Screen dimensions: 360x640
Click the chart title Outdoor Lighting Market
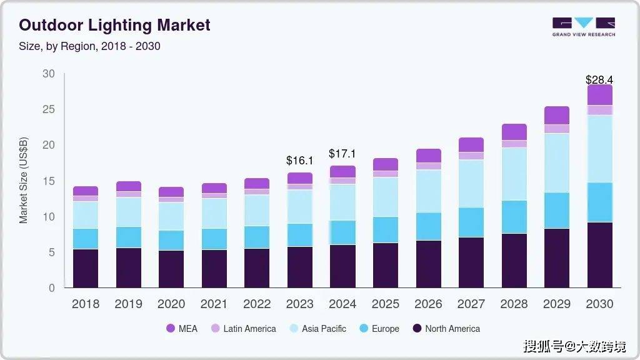(x=114, y=26)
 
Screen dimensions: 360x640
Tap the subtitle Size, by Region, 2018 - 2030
(x=89, y=46)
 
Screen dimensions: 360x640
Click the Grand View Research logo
(x=583, y=27)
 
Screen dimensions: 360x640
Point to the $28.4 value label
(x=599, y=79)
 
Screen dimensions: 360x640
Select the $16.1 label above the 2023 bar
(x=300, y=161)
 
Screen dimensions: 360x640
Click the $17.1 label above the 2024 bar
(x=342, y=154)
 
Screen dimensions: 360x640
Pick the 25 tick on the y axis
(x=48, y=109)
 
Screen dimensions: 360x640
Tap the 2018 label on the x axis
(x=86, y=304)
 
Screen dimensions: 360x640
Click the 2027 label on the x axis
(x=471, y=304)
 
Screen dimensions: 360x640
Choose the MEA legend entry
(x=181, y=328)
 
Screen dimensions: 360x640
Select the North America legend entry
(x=446, y=328)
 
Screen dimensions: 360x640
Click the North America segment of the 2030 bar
(x=599, y=255)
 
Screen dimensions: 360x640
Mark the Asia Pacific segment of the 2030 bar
(x=599, y=149)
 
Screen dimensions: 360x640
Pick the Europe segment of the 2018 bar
(x=86, y=239)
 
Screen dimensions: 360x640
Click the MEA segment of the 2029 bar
(x=557, y=115)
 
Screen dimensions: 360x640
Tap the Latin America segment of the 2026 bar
(x=428, y=166)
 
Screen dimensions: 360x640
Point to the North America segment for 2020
(x=171, y=269)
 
